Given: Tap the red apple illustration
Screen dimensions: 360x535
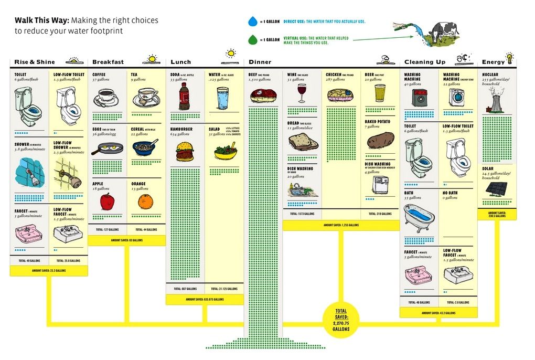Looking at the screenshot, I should pos(107,202).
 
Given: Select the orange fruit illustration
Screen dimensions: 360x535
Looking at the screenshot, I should pos(145,201).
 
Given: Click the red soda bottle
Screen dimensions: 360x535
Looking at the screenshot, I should pos(184,96).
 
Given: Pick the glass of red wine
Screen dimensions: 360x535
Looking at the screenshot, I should pos(302,93).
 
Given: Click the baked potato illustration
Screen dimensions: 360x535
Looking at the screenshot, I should pos(380,140).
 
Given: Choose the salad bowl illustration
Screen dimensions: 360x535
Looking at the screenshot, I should pos(225,151).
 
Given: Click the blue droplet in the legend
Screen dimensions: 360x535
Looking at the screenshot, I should pos(253,22).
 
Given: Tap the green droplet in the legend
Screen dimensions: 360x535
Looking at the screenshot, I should pos(253,39).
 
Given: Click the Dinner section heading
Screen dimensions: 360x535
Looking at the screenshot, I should pos(260,62).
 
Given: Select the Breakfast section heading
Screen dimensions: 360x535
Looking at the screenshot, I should pos(108,62).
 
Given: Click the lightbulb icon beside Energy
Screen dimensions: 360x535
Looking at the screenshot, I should pos(509,57).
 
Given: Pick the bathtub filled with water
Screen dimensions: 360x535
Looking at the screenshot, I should pos(420,216).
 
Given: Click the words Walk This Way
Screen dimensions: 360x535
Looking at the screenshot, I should pos(41,20).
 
